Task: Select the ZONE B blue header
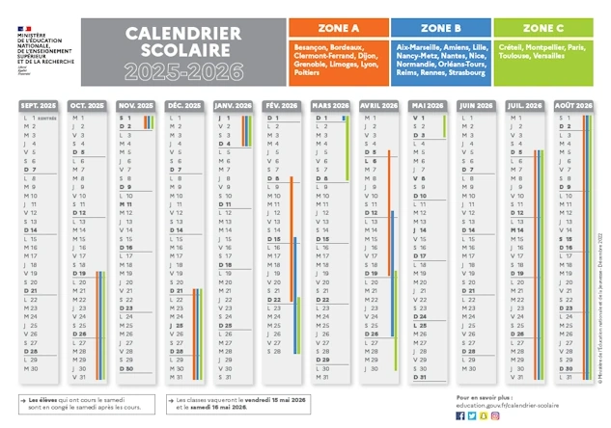point(439,28)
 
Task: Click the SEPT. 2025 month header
point(39,104)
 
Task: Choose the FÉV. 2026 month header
point(283,104)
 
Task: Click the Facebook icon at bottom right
point(460,415)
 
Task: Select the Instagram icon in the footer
point(495,415)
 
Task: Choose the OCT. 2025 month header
point(88,104)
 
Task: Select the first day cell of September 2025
point(39,118)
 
